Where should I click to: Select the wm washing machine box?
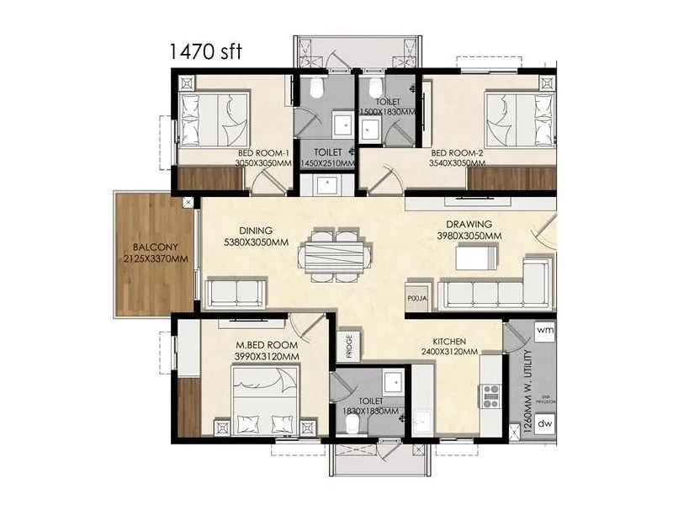(x=544, y=330)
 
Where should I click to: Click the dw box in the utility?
(x=544, y=423)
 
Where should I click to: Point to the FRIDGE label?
(x=347, y=347)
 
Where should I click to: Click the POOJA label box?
(x=416, y=298)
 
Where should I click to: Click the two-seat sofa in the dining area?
(x=236, y=293)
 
